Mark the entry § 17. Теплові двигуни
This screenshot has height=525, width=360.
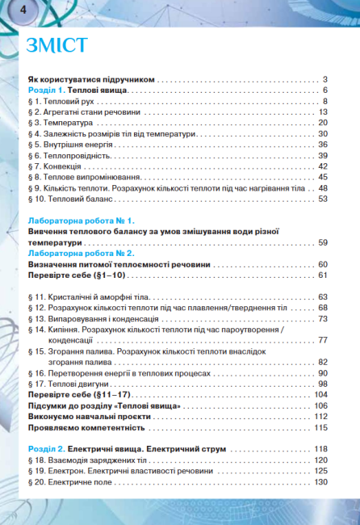(72, 384)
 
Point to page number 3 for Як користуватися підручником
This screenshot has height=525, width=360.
(324, 79)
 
